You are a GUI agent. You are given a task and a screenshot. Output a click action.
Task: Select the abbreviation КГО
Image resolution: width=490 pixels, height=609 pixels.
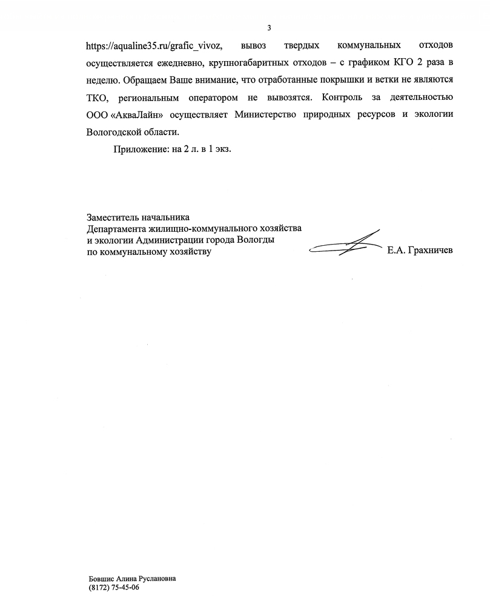(394, 63)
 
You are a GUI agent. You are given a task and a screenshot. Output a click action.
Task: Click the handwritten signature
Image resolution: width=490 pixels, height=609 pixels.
(345, 245)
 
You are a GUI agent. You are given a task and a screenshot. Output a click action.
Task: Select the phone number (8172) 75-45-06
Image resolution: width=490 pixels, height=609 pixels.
(113, 588)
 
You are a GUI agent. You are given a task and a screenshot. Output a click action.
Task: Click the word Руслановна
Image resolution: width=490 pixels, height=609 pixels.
(156, 579)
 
